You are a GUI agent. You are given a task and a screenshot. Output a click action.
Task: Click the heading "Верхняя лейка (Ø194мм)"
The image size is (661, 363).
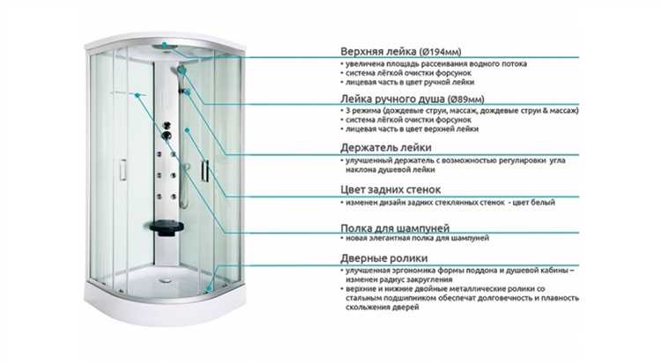tap(400, 51)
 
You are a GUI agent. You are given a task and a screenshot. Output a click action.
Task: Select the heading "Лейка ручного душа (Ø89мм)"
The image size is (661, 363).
tap(412, 99)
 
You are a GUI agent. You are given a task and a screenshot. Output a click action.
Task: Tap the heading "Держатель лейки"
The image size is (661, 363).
tap(386, 147)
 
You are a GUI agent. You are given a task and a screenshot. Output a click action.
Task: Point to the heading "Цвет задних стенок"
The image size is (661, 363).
tap(390, 189)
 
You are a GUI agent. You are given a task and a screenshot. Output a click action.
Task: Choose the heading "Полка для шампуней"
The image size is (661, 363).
tap(395, 228)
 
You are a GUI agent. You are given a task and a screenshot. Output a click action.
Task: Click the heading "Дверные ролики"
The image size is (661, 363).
tap(384, 258)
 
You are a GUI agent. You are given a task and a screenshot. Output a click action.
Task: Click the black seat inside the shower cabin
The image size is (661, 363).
tap(167, 226)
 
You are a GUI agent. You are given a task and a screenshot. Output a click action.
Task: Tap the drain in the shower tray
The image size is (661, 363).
tap(165, 278)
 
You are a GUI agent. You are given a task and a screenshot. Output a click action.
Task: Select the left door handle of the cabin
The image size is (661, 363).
tap(123, 170)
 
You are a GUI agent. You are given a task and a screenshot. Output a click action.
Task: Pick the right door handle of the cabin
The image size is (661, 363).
tap(204, 171)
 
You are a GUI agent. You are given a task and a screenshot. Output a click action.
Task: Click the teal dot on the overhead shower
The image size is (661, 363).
tap(165, 44)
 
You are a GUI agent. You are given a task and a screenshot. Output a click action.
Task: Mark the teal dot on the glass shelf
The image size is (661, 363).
tap(137, 95)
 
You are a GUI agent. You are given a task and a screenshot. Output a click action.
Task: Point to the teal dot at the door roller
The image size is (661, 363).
tap(208, 288)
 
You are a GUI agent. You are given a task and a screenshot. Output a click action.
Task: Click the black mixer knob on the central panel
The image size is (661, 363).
tap(167, 136)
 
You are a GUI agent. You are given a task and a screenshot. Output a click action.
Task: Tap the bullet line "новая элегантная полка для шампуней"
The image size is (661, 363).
tap(418, 238)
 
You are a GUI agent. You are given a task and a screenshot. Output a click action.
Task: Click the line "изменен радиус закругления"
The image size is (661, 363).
tap(398, 279)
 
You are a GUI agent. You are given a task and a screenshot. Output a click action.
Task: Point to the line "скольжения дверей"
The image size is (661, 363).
tap(382, 307)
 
